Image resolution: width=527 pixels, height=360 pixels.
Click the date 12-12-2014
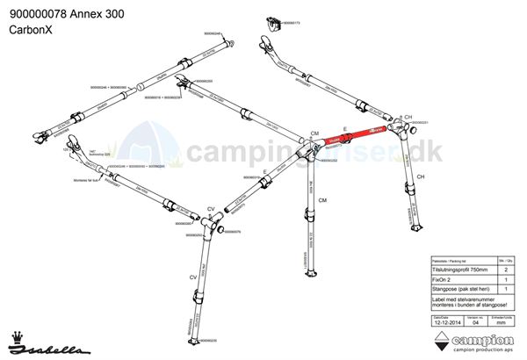coord(447,322)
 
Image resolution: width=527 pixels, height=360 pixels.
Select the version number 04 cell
coord(475,322)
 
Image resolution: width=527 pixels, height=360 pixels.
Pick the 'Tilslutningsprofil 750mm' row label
coord(458,270)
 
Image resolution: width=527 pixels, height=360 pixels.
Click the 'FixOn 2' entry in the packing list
coord(443,279)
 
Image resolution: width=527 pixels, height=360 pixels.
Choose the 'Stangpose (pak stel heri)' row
coord(457,289)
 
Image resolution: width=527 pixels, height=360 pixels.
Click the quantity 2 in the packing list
coord(505,270)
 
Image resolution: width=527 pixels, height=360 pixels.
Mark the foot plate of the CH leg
coord(414,223)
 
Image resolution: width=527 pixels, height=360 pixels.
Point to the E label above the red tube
coord(345,128)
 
